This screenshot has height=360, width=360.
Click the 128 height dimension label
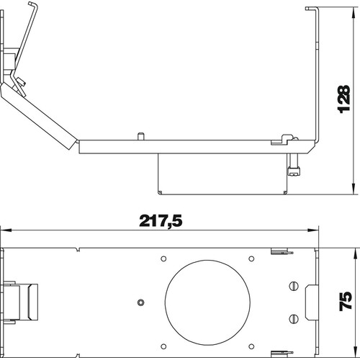pyautogui.click(x=343, y=99)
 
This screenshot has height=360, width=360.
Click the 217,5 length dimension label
pyautogui.click(x=161, y=221)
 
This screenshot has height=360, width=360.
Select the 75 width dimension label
pyautogui.click(x=346, y=302)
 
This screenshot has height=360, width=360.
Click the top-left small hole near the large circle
pyautogui.click(x=163, y=258)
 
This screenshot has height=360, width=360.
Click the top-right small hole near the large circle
pyautogui.click(x=251, y=258)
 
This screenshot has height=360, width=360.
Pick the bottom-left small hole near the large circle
pyautogui.click(x=163, y=346)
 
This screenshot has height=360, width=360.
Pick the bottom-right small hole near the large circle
pyautogui.click(x=251, y=346)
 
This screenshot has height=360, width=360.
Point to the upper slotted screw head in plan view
pyautogui.click(x=294, y=286)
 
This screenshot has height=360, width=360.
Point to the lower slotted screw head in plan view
pyautogui.click(x=294, y=319)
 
